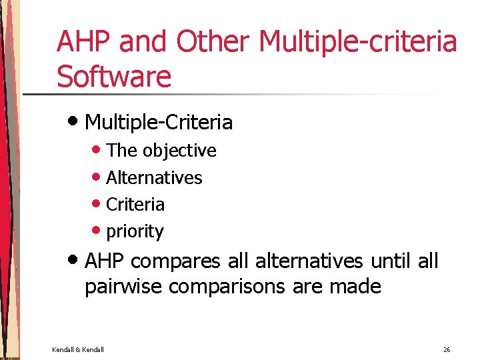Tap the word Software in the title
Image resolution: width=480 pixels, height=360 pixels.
pyautogui.click(x=114, y=76)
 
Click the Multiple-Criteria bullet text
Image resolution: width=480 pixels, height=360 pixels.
pyautogui.click(x=159, y=123)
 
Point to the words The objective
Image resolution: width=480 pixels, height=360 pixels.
pyautogui.click(x=161, y=151)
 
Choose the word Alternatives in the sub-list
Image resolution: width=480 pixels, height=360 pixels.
pyautogui.click(x=154, y=178)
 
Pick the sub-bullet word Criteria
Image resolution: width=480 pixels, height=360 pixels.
pyautogui.click(x=135, y=205)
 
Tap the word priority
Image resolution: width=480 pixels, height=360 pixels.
pyautogui.click(x=135, y=232)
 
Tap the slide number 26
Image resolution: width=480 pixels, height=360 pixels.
pyautogui.click(x=447, y=349)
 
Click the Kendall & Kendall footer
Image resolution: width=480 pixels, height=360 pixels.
pyautogui.click(x=78, y=349)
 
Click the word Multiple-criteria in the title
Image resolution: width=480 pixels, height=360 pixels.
pyautogui.click(x=357, y=41)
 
